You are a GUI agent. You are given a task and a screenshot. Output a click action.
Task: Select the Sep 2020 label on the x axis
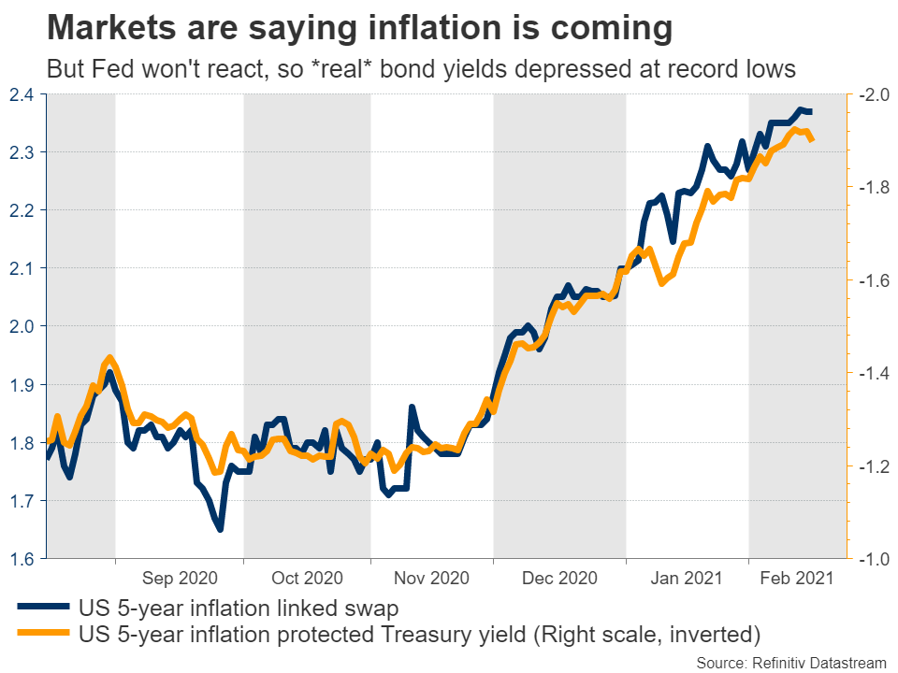179,579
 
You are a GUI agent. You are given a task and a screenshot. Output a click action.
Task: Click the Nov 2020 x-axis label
430,579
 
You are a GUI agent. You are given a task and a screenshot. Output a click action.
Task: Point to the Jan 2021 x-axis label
686,579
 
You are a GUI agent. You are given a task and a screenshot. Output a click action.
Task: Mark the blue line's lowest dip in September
220,530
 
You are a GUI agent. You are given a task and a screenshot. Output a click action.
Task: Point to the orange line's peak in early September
110,357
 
